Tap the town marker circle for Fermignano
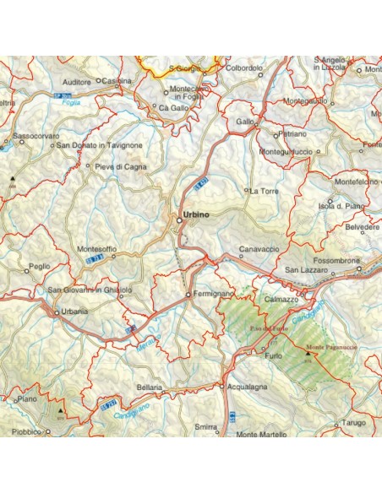pyautogui.click(x=188, y=294)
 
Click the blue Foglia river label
pyautogui.click(x=82, y=103)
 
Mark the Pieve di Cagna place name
pyautogui.click(x=122, y=166)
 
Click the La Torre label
pyautogui.click(x=264, y=191)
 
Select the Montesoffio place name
pyautogui.click(x=97, y=249)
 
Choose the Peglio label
pyautogui.click(x=39, y=266)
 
